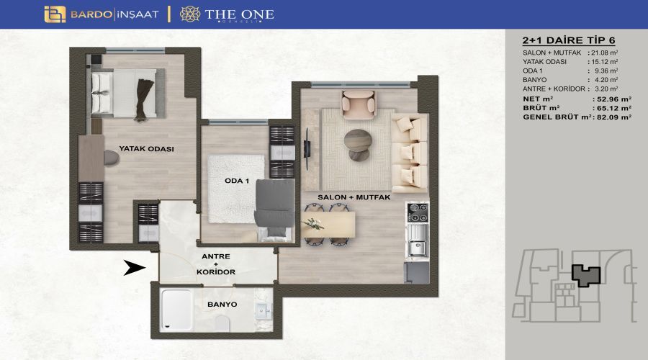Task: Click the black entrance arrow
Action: (135, 267)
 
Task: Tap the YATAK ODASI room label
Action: (146, 149)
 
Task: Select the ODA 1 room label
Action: (237, 181)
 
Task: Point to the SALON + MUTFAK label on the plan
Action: (354, 197)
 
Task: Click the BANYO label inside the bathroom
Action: (222, 305)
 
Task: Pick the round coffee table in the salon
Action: (358, 145)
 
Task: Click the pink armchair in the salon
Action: (359, 105)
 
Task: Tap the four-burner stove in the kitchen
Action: (418, 212)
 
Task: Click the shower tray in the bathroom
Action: (177, 310)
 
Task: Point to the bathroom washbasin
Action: (264, 311)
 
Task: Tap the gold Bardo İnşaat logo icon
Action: (55, 14)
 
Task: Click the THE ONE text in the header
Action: (239, 14)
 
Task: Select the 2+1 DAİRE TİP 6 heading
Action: (569, 40)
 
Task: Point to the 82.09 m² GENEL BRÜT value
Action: (613, 117)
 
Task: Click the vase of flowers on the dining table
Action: (314, 225)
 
